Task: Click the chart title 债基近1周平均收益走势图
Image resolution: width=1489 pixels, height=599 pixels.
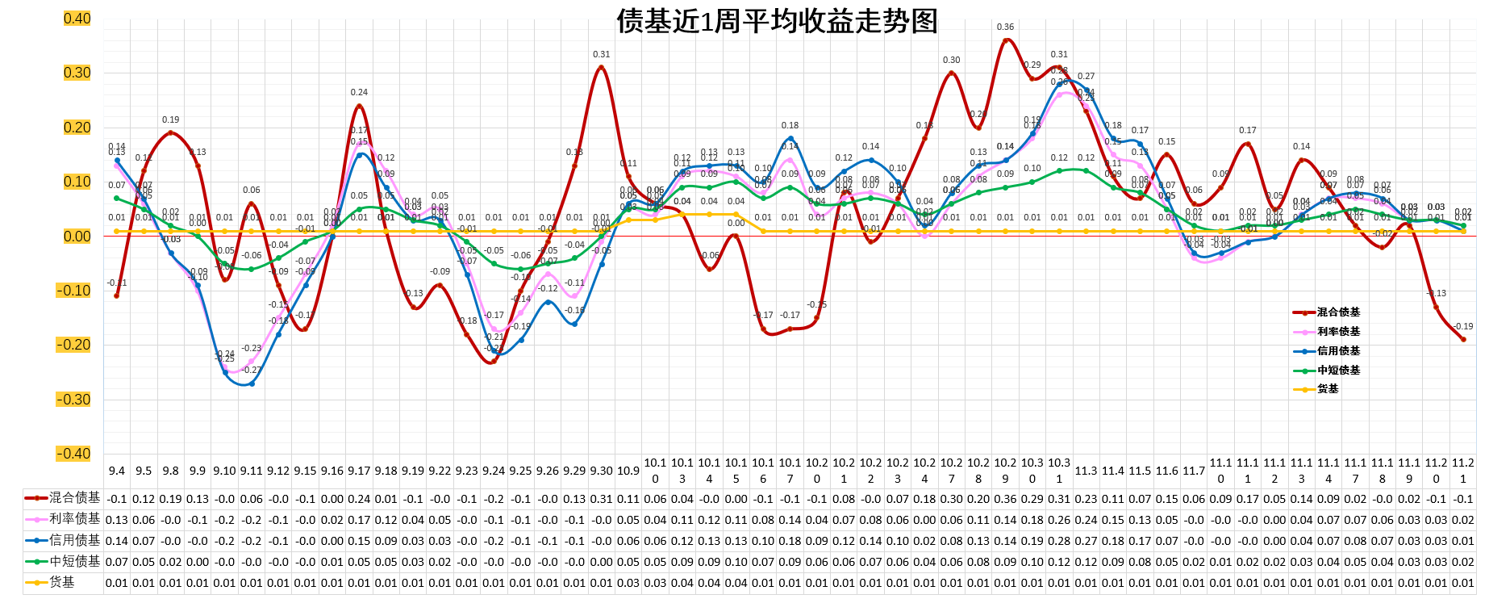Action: tap(777, 21)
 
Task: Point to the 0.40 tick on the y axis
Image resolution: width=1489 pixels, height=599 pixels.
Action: tap(77, 19)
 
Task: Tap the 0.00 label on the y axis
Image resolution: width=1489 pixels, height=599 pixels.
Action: tap(77, 237)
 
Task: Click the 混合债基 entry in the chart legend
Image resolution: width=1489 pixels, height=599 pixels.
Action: tap(1338, 312)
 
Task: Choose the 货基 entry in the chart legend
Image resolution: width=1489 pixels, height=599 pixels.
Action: tap(1328, 389)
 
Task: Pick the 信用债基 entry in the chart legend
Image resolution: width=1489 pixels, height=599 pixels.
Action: tap(1338, 351)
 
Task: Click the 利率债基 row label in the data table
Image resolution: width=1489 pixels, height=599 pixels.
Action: tap(74, 519)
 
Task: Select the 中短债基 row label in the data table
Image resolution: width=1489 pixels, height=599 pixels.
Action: tap(74, 561)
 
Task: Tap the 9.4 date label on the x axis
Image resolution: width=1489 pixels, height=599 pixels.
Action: tap(117, 471)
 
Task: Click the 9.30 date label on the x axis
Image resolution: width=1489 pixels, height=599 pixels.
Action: tap(601, 471)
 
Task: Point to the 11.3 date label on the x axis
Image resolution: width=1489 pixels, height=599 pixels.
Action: tap(1086, 471)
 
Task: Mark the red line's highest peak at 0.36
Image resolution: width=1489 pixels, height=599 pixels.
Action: tap(1005, 40)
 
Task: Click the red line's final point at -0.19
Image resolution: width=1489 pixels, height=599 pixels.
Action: tap(1463, 339)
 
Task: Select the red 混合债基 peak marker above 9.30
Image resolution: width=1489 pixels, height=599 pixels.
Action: tap(601, 67)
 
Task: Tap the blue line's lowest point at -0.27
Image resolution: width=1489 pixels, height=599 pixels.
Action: tap(252, 383)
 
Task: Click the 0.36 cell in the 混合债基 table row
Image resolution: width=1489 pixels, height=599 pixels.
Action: tap(1005, 499)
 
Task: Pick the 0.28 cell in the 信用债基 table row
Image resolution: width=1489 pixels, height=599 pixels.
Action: tap(1059, 541)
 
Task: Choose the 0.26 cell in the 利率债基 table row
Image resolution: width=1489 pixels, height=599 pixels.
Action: tap(1059, 520)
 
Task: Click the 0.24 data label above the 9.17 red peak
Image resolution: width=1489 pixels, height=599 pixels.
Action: tap(359, 93)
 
